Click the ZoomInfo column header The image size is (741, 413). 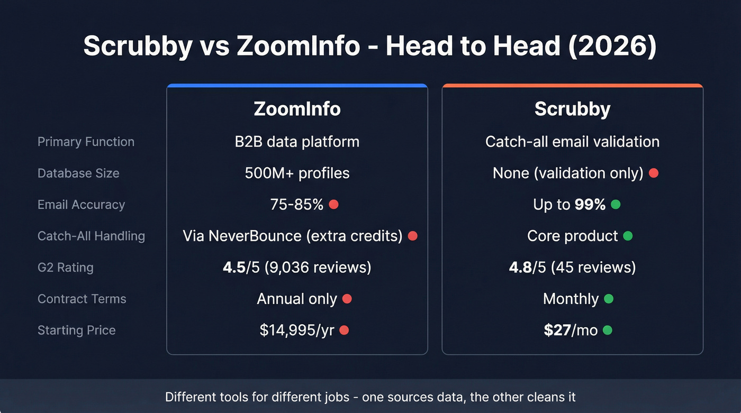(x=297, y=109)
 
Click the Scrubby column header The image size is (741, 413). (x=572, y=109)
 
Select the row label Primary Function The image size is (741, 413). (x=86, y=142)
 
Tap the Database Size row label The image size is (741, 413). (x=78, y=173)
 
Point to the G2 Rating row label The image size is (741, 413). (x=65, y=268)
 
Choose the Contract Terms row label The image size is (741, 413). (x=82, y=299)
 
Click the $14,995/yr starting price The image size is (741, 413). (x=297, y=331)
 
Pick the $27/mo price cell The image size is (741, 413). (x=571, y=331)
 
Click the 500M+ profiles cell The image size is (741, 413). (x=297, y=173)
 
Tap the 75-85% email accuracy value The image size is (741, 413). (x=297, y=205)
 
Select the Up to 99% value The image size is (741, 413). (x=569, y=205)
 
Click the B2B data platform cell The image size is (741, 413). (x=297, y=142)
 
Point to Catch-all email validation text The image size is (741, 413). (x=572, y=142)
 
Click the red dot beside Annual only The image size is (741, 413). (x=347, y=299)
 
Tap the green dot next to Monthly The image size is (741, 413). (x=609, y=299)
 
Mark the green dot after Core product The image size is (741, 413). (x=628, y=236)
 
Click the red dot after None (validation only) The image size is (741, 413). (x=654, y=173)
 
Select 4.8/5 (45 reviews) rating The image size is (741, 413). (x=572, y=268)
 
